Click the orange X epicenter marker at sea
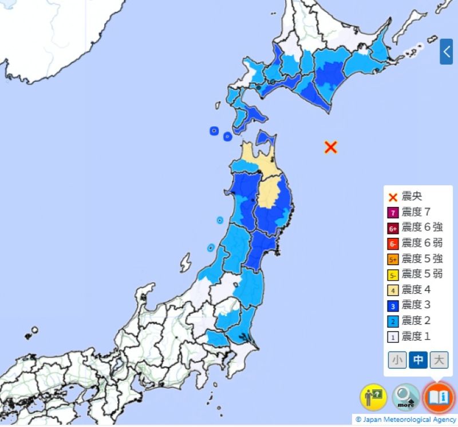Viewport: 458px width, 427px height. (330, 147)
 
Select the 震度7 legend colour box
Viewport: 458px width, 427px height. (393, 213)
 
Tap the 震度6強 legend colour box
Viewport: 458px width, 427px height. (393, 228)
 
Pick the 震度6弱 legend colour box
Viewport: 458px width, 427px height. (393, 244)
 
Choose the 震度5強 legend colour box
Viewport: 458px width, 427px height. (393, 259)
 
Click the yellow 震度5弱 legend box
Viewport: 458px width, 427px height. (393, 274)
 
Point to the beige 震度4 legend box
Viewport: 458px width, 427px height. (393, 290)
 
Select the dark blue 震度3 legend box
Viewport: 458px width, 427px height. (393, 305)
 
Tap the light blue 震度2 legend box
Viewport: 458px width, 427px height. (393, 321)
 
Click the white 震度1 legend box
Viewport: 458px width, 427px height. (393, 336)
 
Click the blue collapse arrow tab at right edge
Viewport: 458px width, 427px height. (447, 51)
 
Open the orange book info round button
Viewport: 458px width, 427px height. (438, 397)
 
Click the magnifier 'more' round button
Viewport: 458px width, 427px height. (406, 397)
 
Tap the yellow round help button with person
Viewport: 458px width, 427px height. (373, 397)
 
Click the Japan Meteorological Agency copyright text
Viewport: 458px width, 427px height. (405, 420)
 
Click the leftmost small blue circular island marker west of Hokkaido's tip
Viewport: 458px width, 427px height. (214, 131)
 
